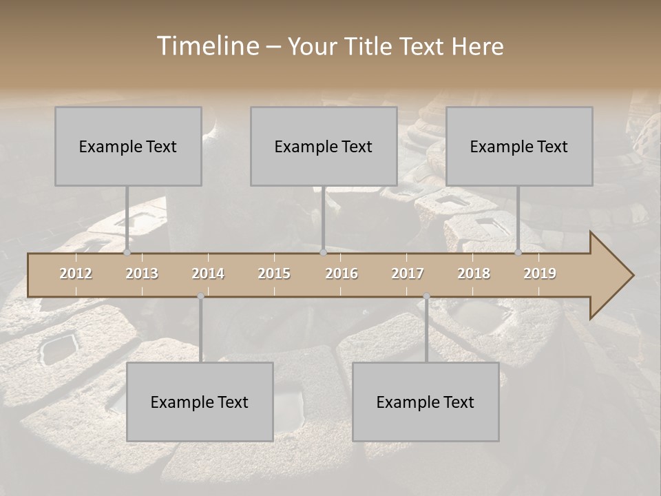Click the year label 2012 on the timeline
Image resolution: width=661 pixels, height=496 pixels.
coord(76,273)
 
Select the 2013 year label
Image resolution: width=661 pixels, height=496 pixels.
coord(142,273)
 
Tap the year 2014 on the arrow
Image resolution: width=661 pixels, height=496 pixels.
coord(208,273)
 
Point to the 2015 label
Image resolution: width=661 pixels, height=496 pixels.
coord(274,273)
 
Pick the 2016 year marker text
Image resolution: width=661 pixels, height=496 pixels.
coord(342,273)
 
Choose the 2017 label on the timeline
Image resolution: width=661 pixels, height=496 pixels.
coord(408,273)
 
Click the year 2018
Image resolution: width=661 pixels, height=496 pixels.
coord(474,273)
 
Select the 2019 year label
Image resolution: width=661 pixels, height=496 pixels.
coord(540,273)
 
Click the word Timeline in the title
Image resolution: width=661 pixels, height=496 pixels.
coord(207,46)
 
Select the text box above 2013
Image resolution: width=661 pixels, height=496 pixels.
coord(128,146)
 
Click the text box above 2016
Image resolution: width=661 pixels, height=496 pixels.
coord(324,146)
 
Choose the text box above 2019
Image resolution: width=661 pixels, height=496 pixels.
coord(519,146)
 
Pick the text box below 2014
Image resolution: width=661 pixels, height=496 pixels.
coord(200,402)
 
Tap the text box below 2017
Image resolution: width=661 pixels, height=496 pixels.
coord(426,402)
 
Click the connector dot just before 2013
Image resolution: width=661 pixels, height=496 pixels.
coord(127,253)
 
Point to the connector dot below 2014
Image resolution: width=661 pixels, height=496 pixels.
coord(200,296)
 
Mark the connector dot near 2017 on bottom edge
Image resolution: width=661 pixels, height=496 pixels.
coord(426,296)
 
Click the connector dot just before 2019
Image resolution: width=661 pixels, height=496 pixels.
coord(518,253)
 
